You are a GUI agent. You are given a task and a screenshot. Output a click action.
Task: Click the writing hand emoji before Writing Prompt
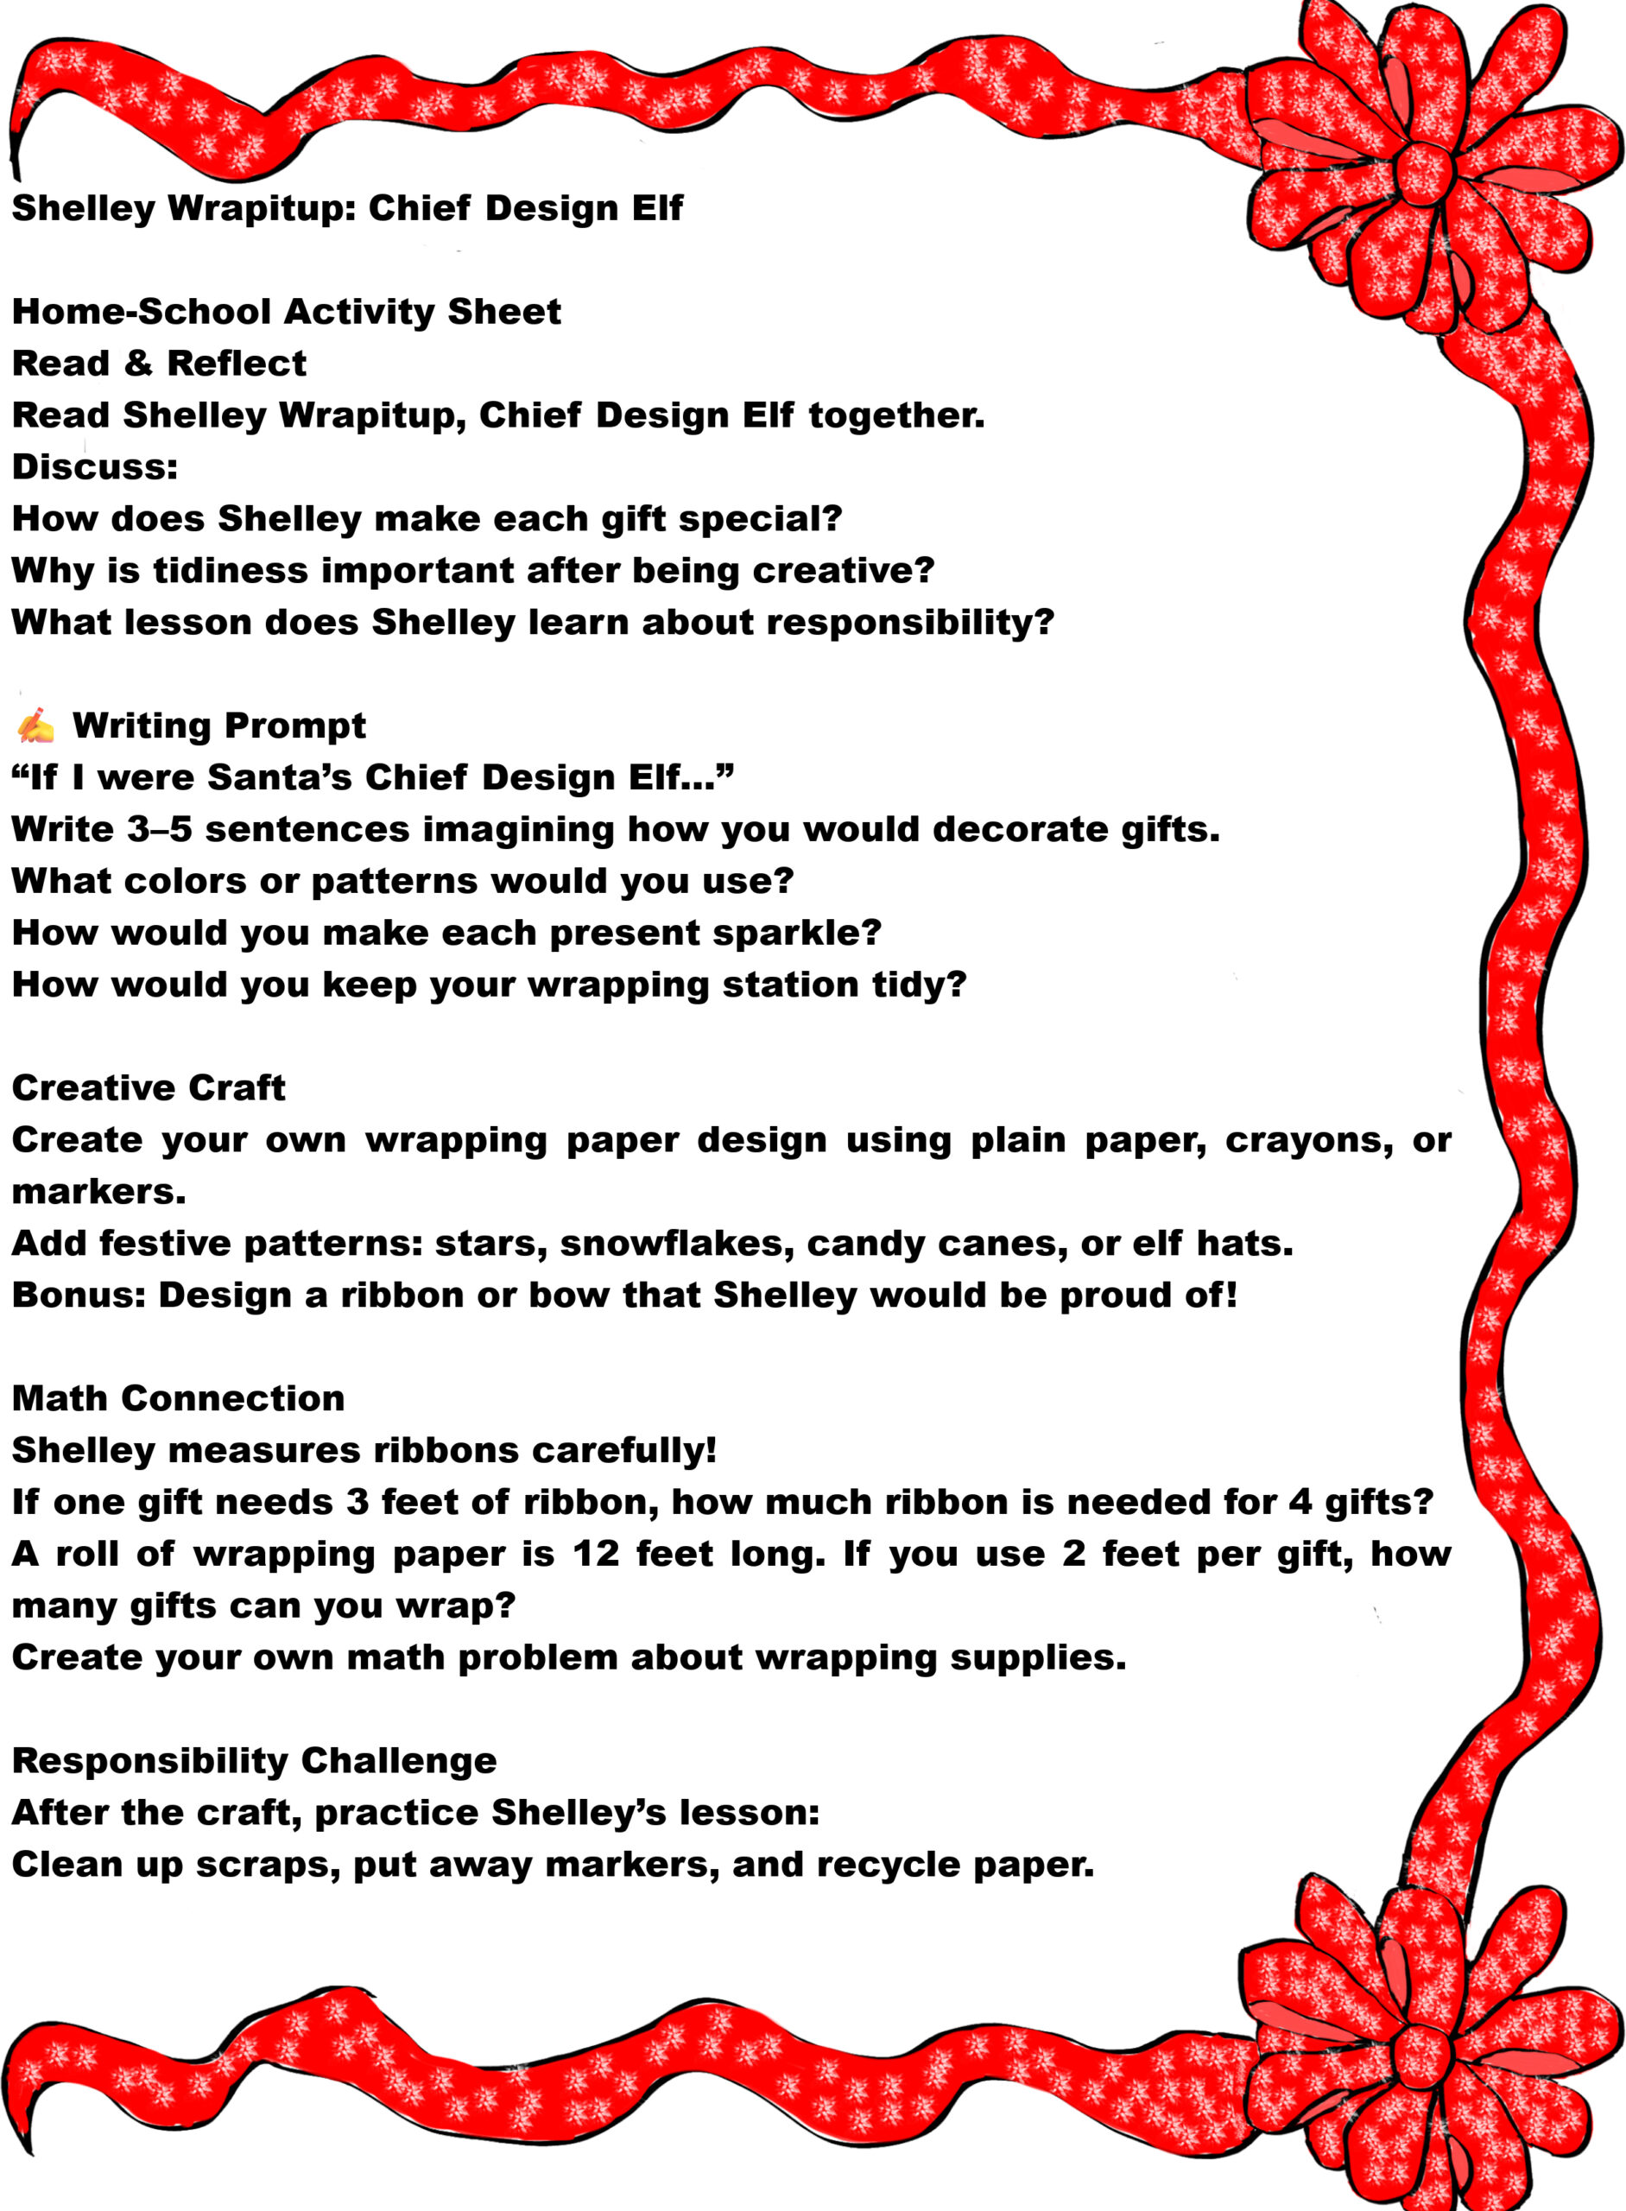point(35,725)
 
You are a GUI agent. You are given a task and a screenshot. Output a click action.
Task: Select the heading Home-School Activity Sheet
point(286,312)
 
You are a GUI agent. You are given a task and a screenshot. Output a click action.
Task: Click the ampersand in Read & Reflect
point(138,364)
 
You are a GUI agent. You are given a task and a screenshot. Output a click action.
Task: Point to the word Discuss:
point(94,466)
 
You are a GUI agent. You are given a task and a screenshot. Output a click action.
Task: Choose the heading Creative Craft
point(148,1087)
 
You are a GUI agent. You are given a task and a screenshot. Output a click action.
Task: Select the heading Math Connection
point(178,1398)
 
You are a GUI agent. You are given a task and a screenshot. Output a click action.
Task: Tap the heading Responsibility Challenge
point(254,1760)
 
